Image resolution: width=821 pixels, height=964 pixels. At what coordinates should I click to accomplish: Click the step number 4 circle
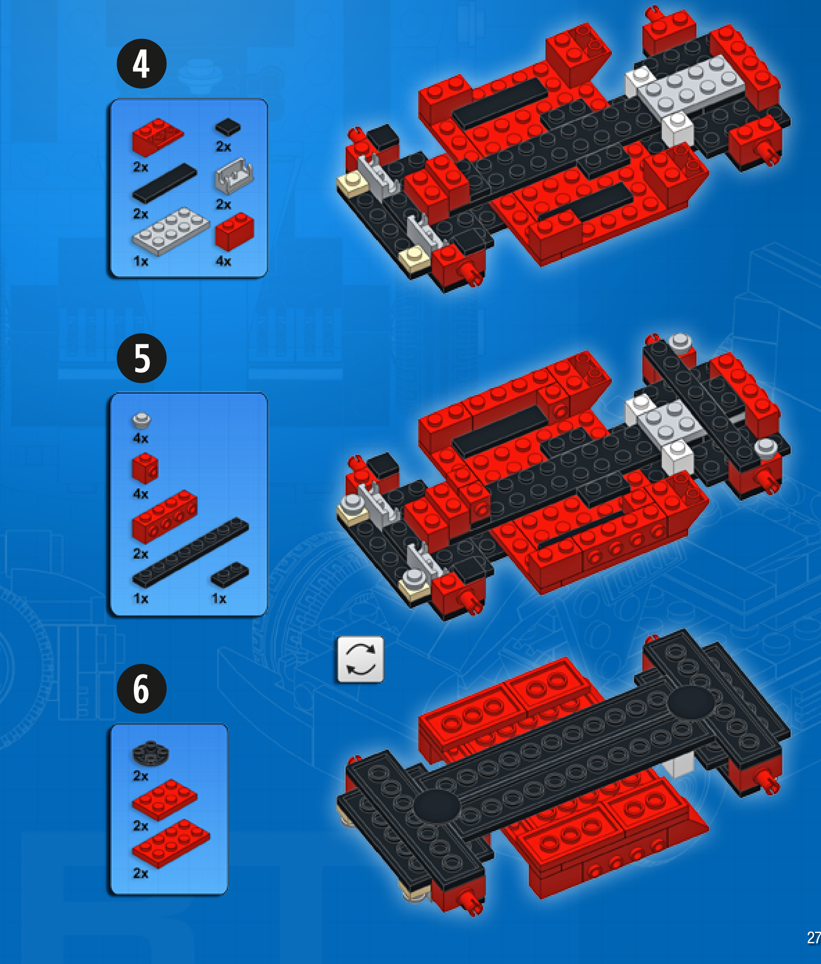tap(142, 64)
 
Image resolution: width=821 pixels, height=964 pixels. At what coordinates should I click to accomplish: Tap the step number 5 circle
tap(142, 358)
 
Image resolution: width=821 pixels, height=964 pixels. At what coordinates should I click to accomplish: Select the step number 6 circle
tap(142, 689)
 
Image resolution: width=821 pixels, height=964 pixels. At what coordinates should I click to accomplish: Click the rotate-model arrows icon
tap(360, 659)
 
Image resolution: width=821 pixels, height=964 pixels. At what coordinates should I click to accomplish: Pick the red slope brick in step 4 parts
tap(158, 137)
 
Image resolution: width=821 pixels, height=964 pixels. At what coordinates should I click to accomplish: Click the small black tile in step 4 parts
tap(228, 127)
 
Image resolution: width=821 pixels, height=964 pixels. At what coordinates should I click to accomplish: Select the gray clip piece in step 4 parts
tap(234, 176)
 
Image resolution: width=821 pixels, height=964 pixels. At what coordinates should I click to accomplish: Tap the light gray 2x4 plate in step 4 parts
tap(171, 231)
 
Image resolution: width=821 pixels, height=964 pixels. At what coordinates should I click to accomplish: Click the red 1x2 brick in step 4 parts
tap(234, 231)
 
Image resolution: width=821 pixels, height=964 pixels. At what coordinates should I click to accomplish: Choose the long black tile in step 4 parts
tap(164, 183)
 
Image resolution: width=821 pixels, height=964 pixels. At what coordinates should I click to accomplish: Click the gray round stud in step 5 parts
tap(142, 420)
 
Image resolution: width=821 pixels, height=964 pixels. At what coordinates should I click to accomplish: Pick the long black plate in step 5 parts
tap(190, 552)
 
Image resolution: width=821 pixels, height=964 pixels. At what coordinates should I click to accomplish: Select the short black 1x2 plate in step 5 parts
tap(230, 575)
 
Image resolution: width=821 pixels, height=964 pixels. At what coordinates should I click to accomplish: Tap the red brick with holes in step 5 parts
tap(165, 517)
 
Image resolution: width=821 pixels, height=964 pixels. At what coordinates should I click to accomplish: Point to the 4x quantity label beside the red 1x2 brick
tap(223, 261)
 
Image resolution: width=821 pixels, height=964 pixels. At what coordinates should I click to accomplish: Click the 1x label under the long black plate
tap(141, 598)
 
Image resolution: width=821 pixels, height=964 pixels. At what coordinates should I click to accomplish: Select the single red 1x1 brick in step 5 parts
tap(145, 468)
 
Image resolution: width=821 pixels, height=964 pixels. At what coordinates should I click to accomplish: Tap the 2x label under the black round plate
tap(141, 775)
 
